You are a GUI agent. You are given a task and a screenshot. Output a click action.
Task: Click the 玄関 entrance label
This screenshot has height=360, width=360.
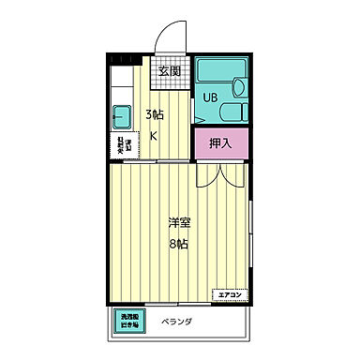coord(169,70)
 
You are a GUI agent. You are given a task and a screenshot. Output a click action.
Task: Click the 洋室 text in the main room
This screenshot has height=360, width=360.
coord(179,223)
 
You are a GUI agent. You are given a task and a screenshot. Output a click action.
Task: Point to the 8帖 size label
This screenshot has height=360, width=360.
coord(179,244)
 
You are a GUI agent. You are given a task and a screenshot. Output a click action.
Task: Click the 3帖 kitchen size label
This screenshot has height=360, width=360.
coord(155,115)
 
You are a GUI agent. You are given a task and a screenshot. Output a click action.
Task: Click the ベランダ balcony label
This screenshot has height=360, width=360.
coord(176,322)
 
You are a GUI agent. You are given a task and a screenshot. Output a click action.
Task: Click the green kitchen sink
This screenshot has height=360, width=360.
coord(123,119)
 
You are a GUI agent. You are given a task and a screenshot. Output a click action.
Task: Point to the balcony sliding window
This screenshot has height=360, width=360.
coord(178,305)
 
